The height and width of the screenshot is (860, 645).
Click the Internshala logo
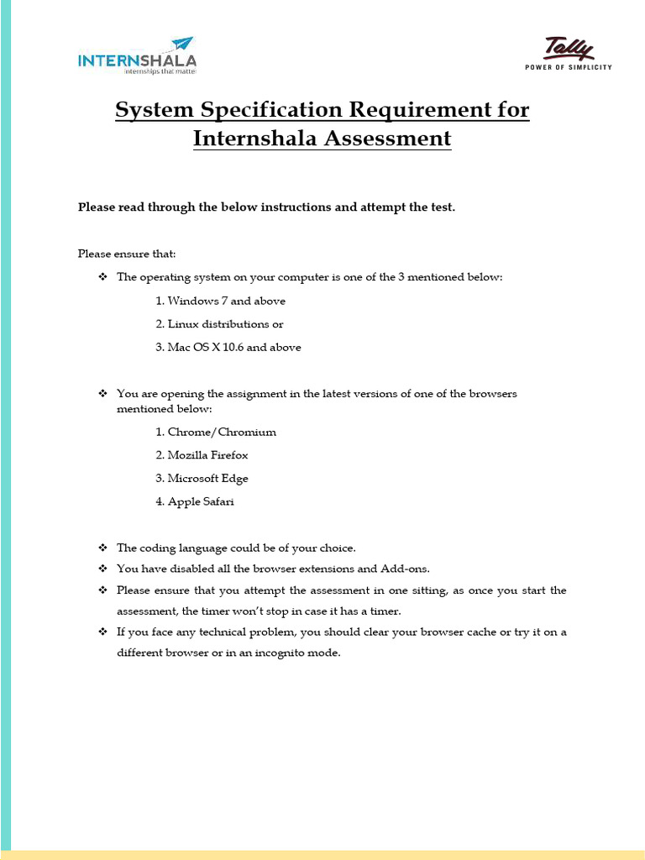(137, 56)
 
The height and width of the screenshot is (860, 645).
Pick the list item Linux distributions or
(219, 324)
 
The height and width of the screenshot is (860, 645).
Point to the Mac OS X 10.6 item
(228, 347)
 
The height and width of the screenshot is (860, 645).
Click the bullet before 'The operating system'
(103, 277)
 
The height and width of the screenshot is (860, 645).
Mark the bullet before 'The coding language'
(103, 548)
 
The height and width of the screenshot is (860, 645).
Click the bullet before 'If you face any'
(103, 632)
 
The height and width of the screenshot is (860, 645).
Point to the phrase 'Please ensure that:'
(127, 254)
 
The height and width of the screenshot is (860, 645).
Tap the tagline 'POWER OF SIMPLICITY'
(569, 67)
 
